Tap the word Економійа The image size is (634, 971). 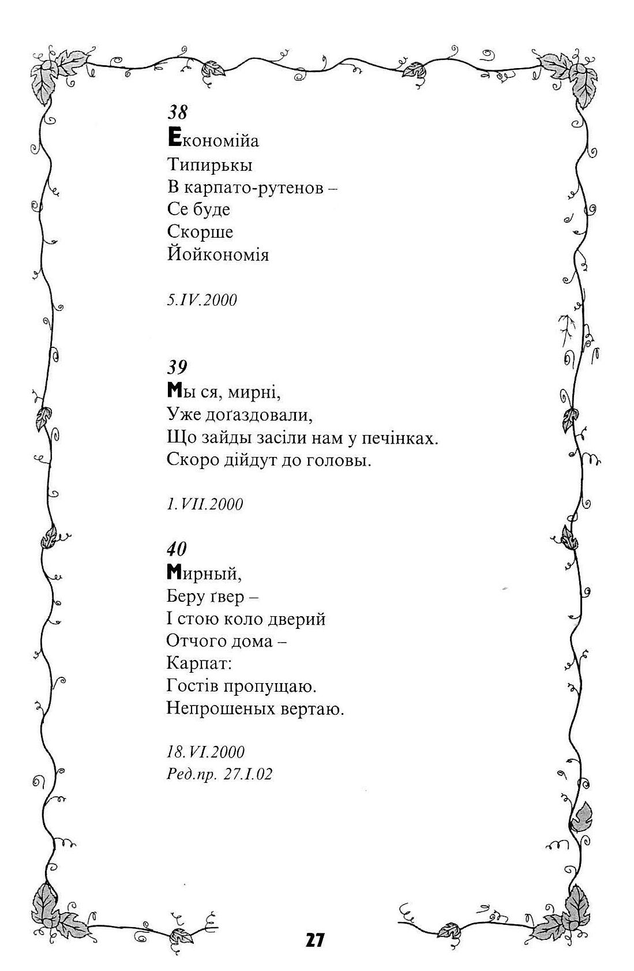[213, 140]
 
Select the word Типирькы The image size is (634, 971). [210, 166]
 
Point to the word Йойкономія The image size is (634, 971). [218, 254]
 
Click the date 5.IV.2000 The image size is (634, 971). [202, 300]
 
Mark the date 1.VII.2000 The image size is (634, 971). [205, 504]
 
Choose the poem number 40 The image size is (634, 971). [177, 548]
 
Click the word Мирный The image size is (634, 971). [204, 573]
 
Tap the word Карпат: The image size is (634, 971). [198, 663]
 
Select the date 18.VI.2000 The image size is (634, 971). [205, 752]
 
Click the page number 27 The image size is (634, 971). [316, 940]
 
